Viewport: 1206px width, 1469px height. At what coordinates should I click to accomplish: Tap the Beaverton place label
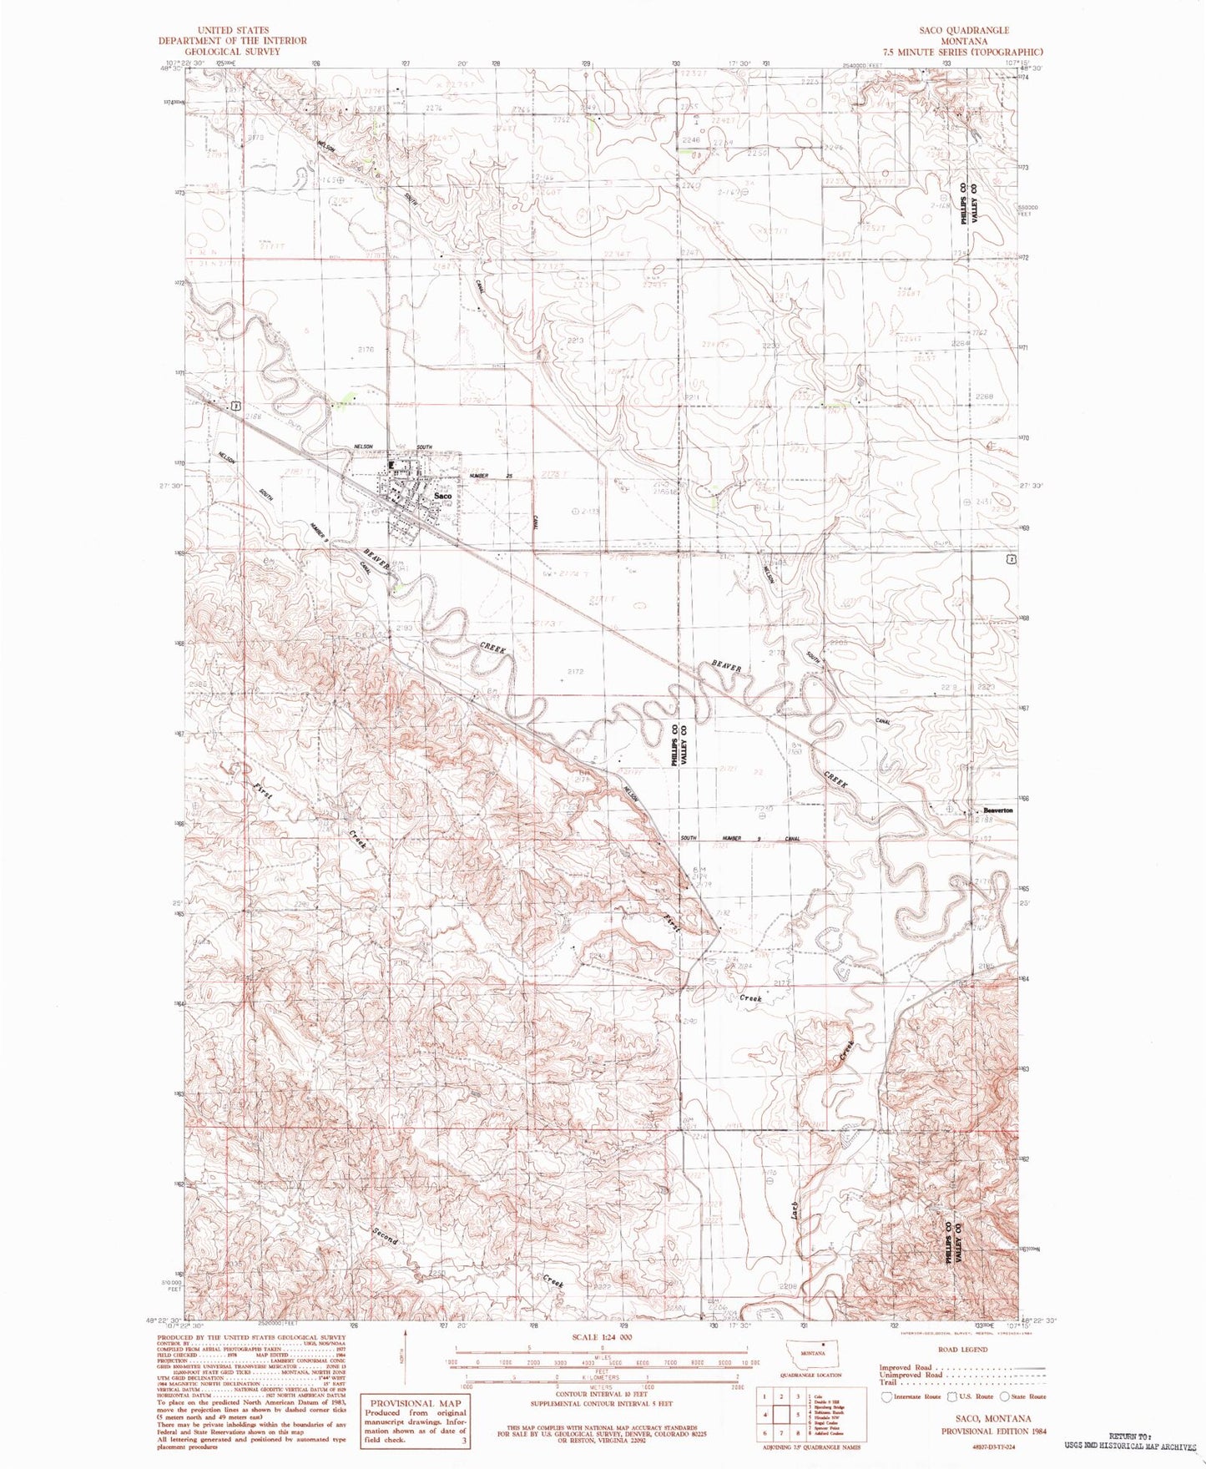click(997, 810)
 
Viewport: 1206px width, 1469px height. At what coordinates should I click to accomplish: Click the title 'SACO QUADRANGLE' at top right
click(964, 30)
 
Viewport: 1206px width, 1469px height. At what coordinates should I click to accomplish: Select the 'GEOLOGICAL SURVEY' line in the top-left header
click(233, 51)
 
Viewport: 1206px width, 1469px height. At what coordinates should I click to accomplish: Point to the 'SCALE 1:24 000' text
click(603, 1336)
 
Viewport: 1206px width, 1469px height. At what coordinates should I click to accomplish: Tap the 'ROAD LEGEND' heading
click(962, 1349)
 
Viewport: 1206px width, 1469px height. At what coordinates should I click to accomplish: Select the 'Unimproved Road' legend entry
click(911, 1375)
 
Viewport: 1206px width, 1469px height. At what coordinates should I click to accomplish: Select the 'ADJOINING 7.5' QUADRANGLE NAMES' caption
click(812, 1446)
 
